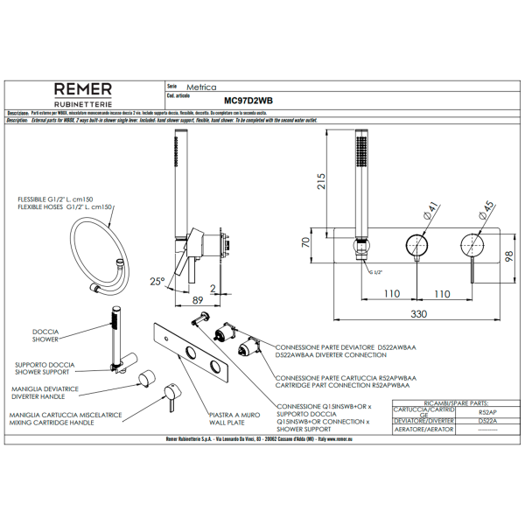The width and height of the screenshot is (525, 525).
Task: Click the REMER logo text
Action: click(x=83, y=89)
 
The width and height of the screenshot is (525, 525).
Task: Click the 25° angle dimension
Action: click(x=157, y=281)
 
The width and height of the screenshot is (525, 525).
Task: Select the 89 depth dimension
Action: click(x=198, y=299)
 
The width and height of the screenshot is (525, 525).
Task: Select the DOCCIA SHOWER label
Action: click(x=45, y=335)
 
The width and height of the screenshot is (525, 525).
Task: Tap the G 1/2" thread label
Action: click(x=374, y=273)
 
